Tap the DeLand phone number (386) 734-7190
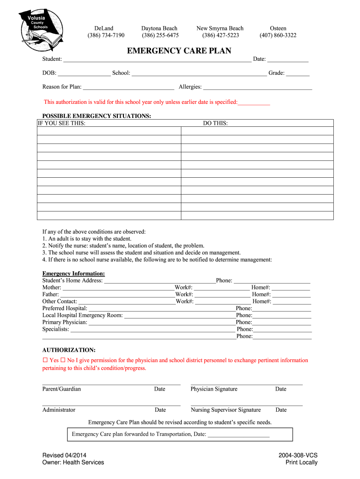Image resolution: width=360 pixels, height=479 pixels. pos(106,36)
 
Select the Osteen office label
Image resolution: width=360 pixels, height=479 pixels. pos(278,29)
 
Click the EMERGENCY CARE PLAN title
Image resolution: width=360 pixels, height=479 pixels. pos(179,51)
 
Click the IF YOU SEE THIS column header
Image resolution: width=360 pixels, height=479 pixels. pos(61,123)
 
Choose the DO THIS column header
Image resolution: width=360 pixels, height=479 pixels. pos(216,123)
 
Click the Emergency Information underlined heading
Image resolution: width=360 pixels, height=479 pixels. pos(73,274)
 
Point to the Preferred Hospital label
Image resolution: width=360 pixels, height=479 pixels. pos(65,308)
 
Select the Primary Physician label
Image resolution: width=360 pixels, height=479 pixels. pos(65,322)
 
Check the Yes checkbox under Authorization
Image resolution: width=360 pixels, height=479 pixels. pos(45,361)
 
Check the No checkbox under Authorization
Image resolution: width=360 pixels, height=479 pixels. pos(63,361)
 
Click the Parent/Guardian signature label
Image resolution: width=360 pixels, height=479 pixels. pos(61,389)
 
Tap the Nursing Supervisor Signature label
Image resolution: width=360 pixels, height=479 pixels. pos(226,410)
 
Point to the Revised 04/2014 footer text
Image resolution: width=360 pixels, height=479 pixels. pos(64,455)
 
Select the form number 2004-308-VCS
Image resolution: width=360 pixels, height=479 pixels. pos(298,455)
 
